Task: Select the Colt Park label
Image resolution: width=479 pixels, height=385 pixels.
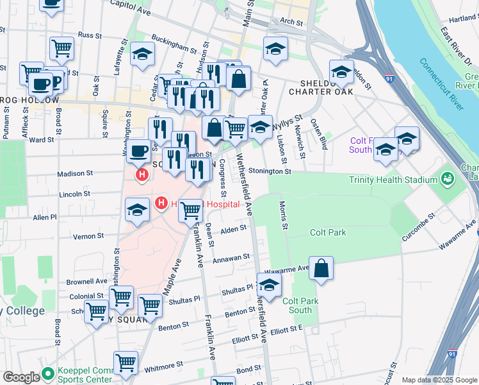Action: [327, 232]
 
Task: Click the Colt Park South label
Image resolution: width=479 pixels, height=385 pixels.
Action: [297, 305]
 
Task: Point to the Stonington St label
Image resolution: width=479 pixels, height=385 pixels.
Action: [270, 171]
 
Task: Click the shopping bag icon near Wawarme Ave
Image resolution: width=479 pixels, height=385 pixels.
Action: [321, 269]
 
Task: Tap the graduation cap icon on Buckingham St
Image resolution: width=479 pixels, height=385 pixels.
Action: [142, 55]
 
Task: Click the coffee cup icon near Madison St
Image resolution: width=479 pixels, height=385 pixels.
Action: [138, 151]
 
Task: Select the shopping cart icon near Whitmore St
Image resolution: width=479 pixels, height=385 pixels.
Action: [126, 363]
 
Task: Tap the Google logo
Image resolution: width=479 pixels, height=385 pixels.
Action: [21, 377]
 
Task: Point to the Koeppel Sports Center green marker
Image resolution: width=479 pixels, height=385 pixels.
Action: [47, 373]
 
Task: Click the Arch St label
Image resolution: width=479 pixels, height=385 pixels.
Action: [291, 21]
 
